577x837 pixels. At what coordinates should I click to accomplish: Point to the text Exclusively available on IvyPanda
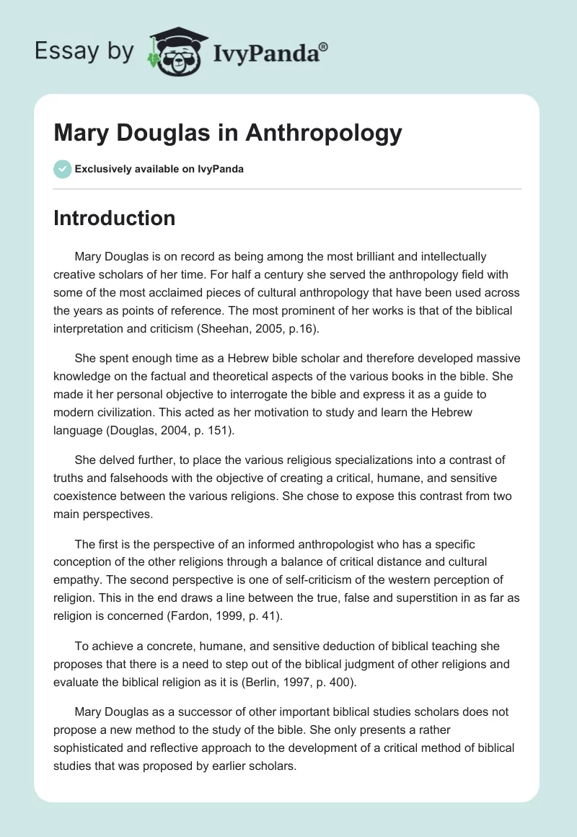[x=159, y=170]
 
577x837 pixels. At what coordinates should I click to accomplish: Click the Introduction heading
[x=114, y=218]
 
